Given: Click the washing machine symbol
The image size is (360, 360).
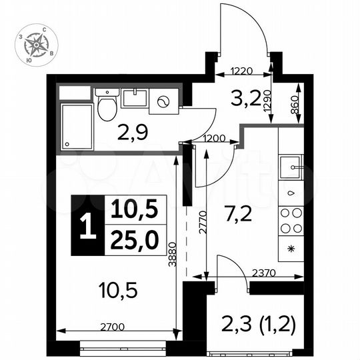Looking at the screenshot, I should click(163, 103).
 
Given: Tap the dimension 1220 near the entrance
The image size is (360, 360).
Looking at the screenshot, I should click(243, 69).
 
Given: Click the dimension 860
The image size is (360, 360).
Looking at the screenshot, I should click(295, 107).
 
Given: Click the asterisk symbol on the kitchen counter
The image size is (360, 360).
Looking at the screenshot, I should click(291, 250).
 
